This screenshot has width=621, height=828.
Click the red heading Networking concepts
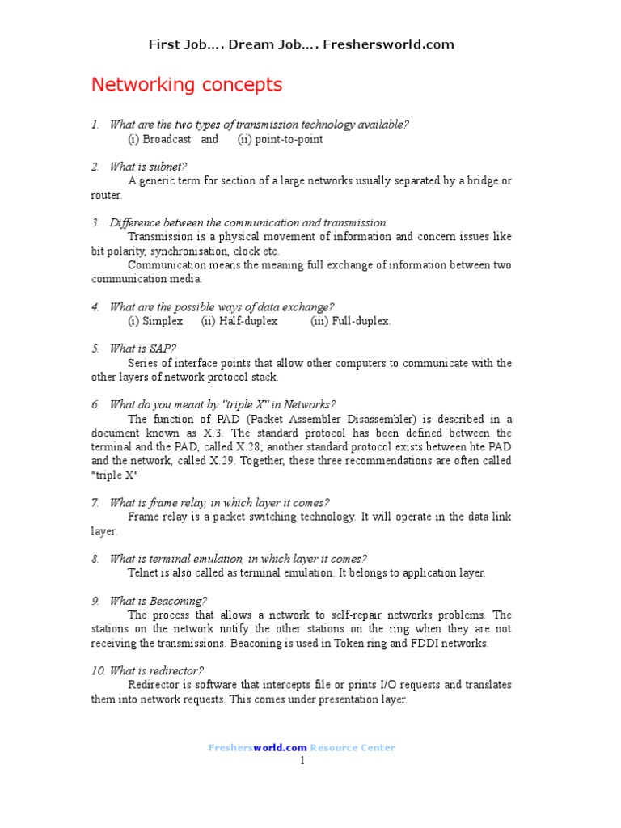coord(187,85)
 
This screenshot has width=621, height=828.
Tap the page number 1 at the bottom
coord(302,761)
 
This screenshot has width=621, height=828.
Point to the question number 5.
coord(95,349)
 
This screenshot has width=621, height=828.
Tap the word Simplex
coord(163,321)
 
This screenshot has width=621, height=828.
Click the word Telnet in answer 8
coord(144,572)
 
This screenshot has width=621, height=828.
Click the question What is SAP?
coord(142,349)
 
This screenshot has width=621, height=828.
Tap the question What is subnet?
coord(148,167)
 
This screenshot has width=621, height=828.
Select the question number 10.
coord(97,670)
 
